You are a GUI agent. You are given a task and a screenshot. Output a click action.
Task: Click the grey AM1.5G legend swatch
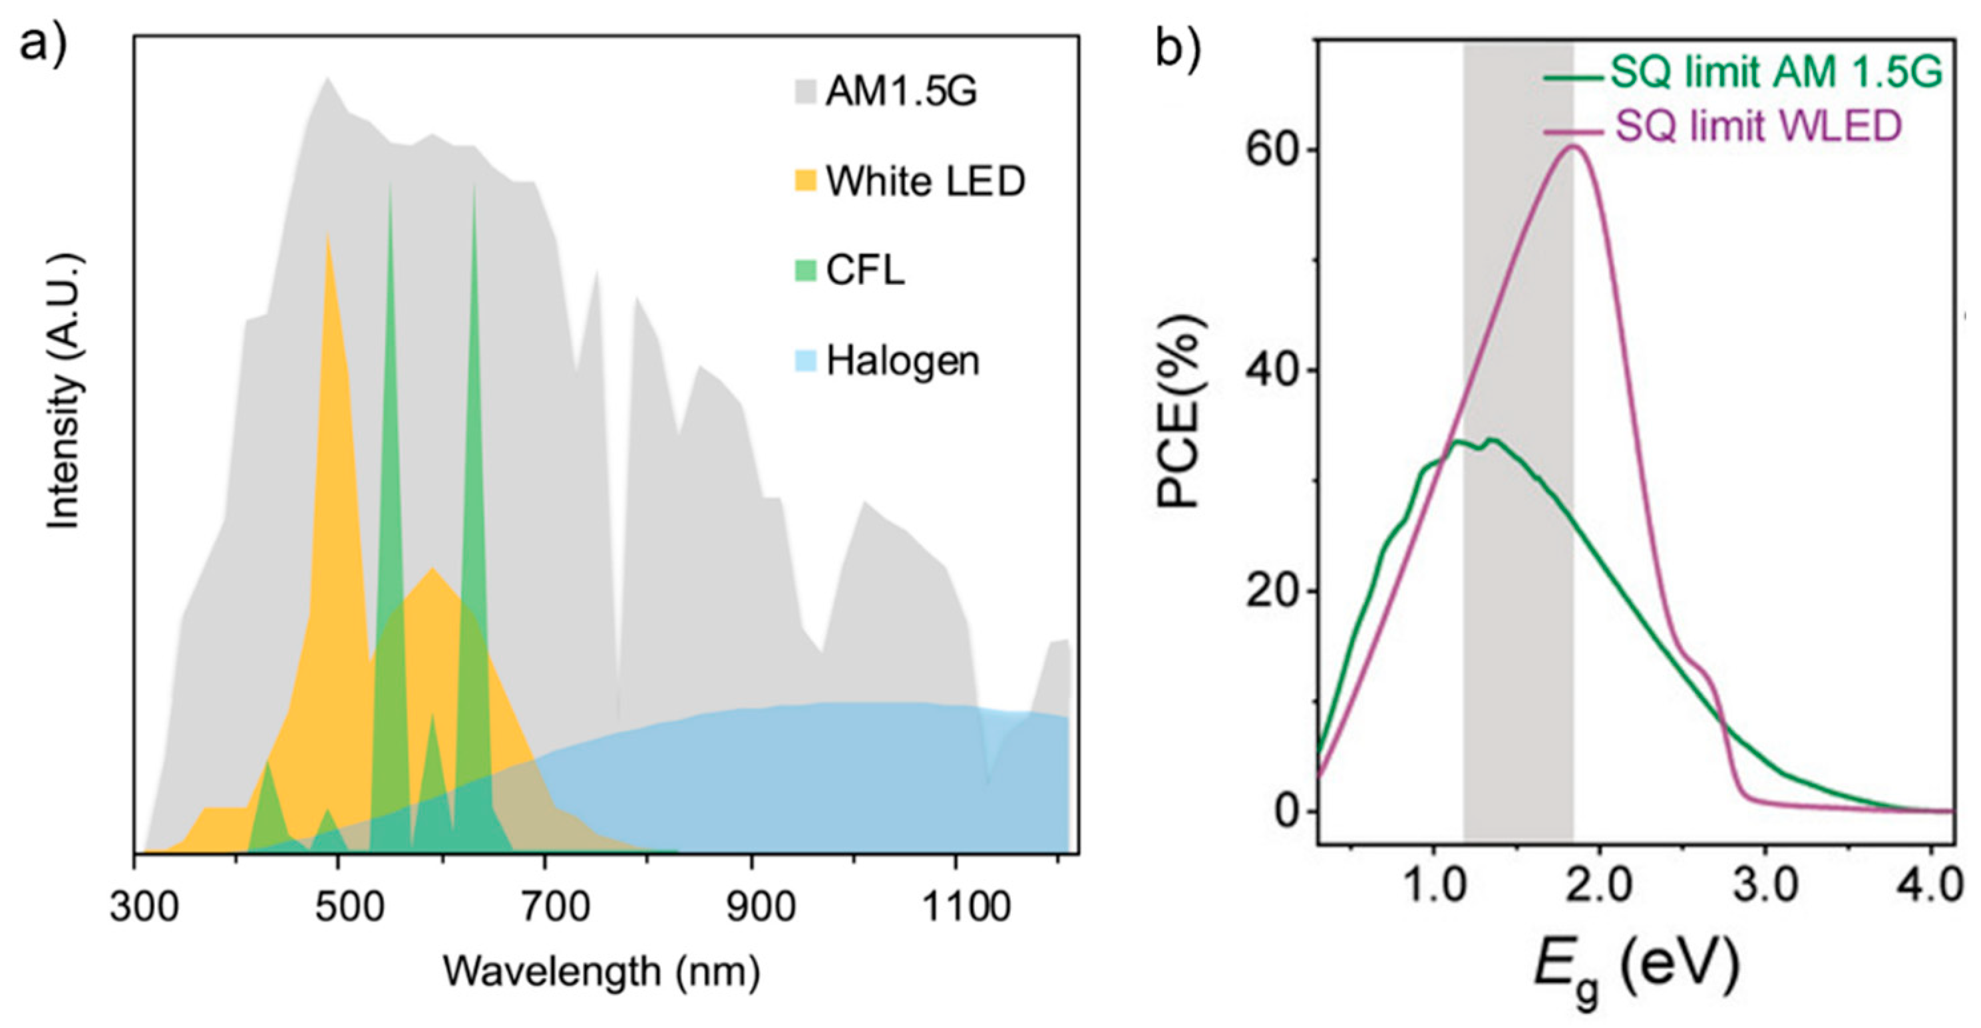805,92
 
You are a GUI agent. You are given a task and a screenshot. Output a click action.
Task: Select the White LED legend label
925,182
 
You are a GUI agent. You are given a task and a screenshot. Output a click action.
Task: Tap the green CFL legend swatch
805,271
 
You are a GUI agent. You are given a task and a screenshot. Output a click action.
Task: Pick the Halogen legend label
902,361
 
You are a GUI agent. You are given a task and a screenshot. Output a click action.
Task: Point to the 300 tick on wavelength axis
144,908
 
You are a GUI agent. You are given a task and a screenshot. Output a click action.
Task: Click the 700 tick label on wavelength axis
554,908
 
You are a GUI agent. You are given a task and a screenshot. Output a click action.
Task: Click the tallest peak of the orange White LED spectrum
328,236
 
